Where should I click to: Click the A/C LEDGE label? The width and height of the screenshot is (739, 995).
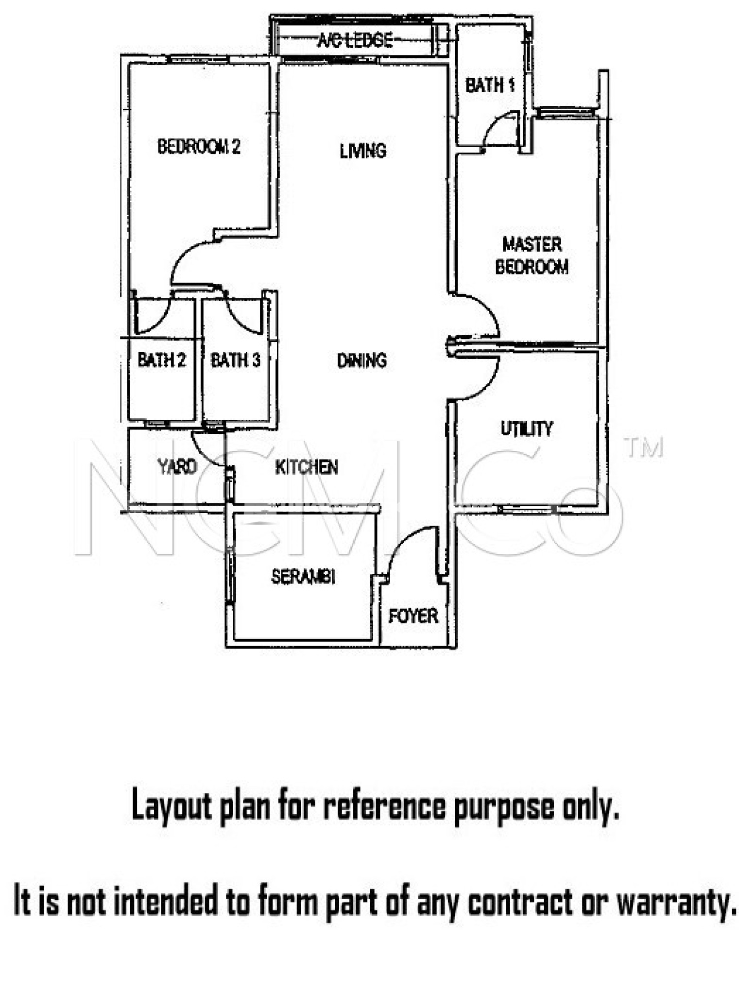[x=355, y=40]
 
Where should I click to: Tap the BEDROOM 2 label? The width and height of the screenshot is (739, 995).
[x=199, y=146]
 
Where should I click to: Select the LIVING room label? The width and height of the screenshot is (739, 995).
[x=363, y=151]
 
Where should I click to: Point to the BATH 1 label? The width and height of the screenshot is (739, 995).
[x=490, y=86]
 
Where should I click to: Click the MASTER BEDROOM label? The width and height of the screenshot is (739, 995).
[x=532, y=256]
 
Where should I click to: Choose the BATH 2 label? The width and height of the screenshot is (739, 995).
[x=162, y=360]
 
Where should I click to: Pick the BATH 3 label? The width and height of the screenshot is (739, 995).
[x=236, y=360]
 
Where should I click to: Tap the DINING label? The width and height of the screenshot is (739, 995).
[x=362, y=360]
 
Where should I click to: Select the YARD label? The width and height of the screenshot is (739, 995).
[x=177, y=466]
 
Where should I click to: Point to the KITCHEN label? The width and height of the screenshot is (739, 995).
[x=307, y=467]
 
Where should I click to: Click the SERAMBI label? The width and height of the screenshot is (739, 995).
[x=303, y=577]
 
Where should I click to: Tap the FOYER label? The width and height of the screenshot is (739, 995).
[x=413, y=616]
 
